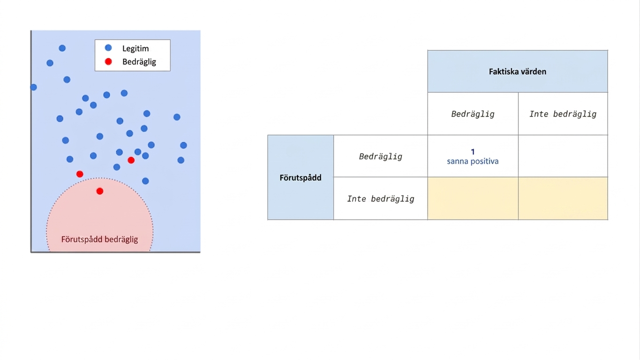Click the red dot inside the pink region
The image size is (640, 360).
click(x=100, y=191)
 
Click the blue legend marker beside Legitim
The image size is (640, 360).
click(x=108, y=48)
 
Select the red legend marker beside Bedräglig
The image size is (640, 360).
click(x=108, y=61)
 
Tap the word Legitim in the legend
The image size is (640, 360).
click(x=136, y=49)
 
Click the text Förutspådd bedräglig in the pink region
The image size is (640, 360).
click(x=100, y=239)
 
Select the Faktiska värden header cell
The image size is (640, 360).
click(x=518, y=71)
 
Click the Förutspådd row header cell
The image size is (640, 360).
click(x=301, y=178)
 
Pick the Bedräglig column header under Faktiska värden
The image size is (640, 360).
click(x=473, y=114)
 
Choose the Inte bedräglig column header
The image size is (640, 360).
click(x=563, y=114)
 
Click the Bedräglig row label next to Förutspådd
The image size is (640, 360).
click(x=381, y=156)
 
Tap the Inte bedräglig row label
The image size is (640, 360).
click(x=381, y=199)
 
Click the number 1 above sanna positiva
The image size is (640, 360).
click(x=473, y=152)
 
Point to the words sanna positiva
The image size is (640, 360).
click(x=473, y=161)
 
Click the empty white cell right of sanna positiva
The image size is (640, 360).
click(x=563, y=156)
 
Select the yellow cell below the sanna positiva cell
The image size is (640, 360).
click(x=473, y=198)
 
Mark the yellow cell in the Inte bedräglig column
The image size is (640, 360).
click(x=563, y=198)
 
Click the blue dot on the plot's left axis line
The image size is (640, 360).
click(x=33, y=87)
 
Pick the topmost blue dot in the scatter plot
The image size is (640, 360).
click(x=62, y=48)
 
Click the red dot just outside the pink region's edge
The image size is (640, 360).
click(x=80, y=174)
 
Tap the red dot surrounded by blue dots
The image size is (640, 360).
click(x=131, y=160)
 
